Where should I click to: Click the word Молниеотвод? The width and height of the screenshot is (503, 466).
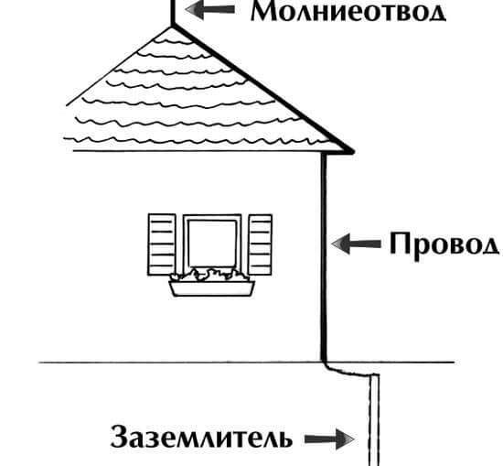[x=348, y=12]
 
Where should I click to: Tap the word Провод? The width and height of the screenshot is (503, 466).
[x=444, y=245]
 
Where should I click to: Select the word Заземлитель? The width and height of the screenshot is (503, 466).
[x=201, y=437]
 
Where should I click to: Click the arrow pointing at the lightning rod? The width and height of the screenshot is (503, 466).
[x=210, y=10]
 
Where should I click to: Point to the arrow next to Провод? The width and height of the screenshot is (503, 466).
[x=356, y=244]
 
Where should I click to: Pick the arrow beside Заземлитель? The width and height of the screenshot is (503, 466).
[x=329, y=439]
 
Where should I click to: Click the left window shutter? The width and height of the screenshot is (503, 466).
[x=162, y=244]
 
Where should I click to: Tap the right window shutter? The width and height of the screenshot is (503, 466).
[x=260, y=244]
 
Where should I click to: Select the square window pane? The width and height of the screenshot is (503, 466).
[x=212, y=244]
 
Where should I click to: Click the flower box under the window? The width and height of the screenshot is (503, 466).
[x=212, y=288]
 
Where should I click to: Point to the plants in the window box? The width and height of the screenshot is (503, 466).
[x=209, y=276]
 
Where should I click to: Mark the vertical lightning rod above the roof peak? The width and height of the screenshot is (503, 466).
[x=173, y=13]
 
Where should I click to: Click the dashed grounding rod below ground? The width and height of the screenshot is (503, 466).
[x=374, y=420]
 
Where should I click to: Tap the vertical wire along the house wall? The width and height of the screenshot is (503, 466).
[x=324, y=257]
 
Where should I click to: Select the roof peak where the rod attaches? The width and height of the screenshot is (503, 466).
[x=173, y=27]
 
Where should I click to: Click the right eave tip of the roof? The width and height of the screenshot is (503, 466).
[x=352, y=151]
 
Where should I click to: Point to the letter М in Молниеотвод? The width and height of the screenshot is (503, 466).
[x=264, y=11]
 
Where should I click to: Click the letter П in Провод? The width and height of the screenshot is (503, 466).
[x=400, y=244]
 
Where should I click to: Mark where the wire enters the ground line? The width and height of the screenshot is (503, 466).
[x=324, y=362]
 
